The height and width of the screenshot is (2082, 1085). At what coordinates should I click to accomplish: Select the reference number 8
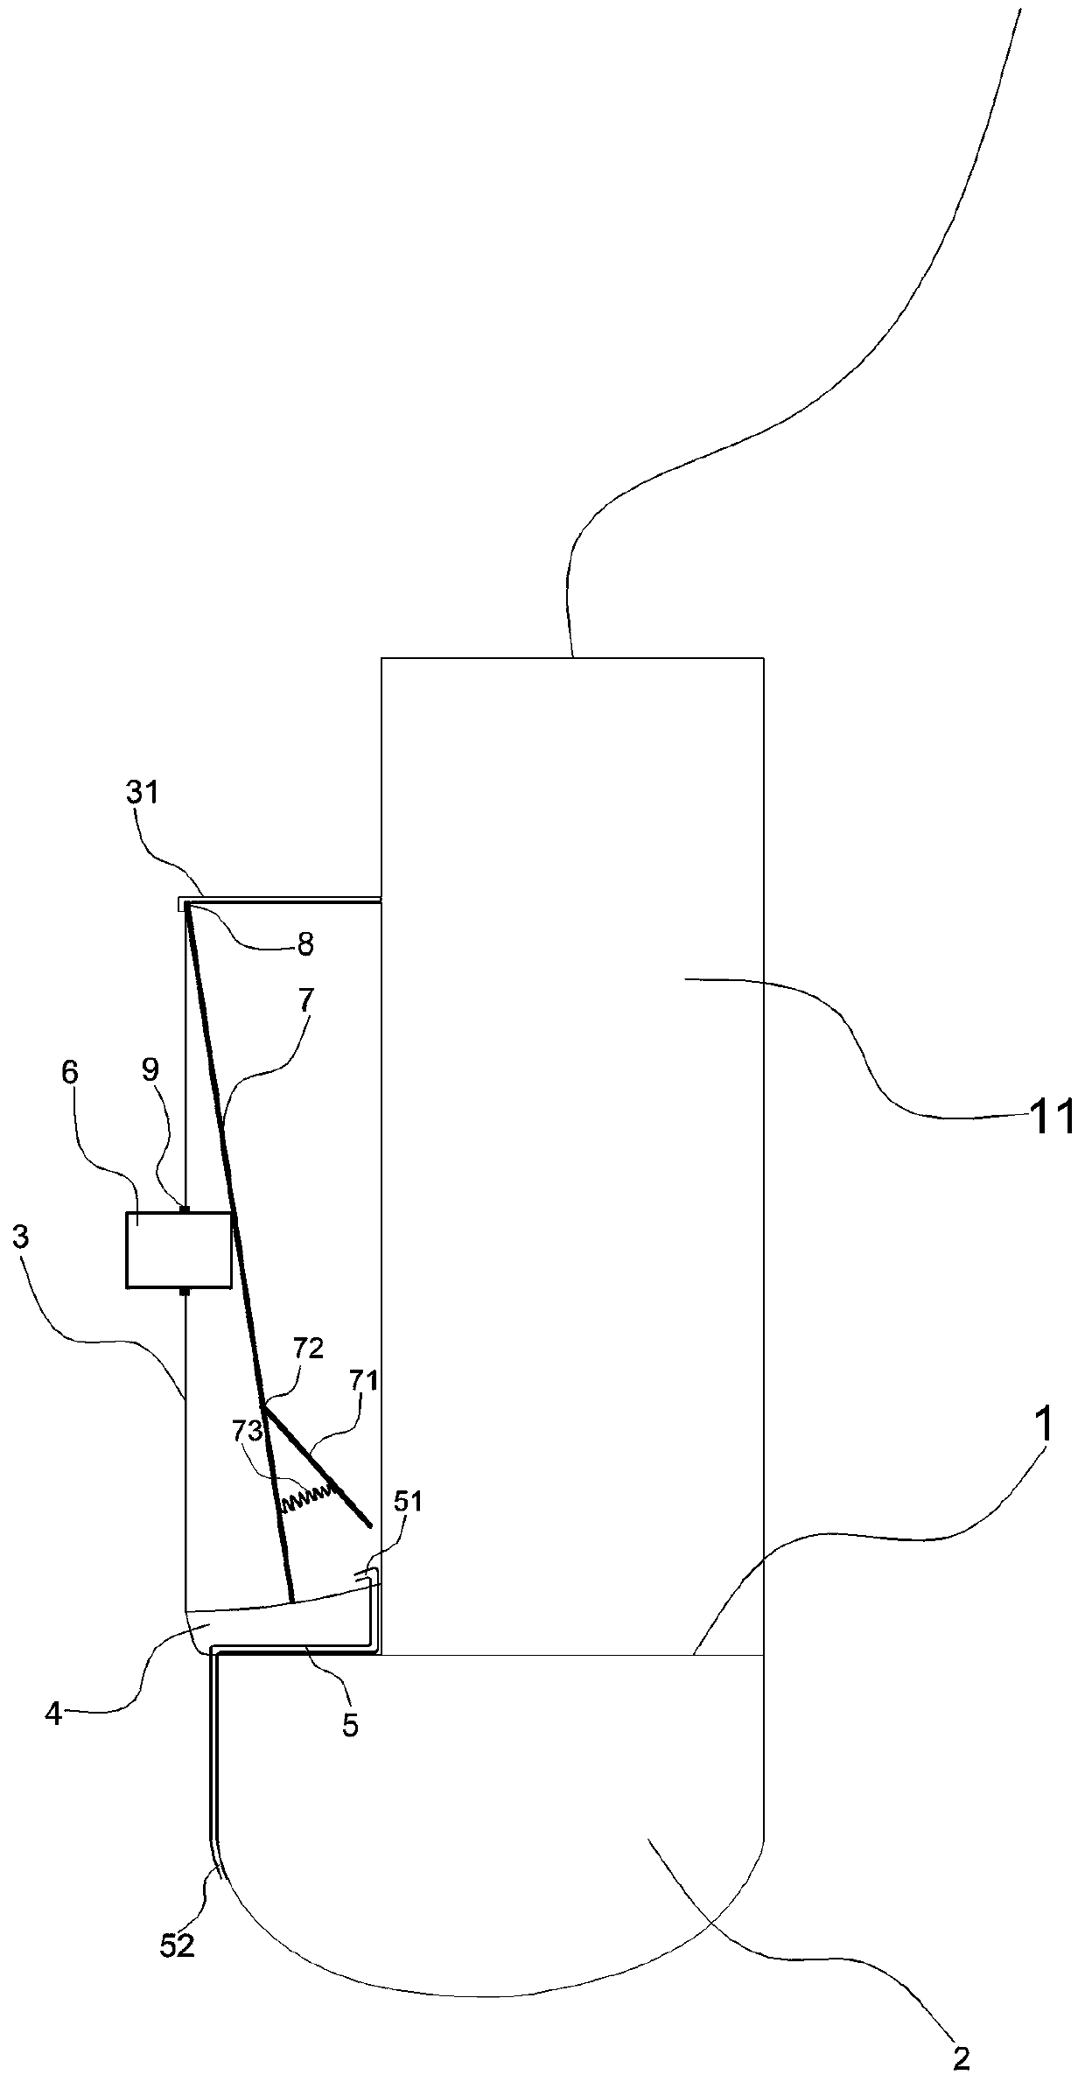[x=305, y=944]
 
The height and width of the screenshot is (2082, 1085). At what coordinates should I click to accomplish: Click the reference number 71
[x=363, y=1381]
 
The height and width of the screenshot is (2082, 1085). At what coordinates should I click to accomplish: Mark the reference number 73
[x=248, y=1432]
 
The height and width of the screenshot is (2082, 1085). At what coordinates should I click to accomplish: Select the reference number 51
[x=409, y=1502]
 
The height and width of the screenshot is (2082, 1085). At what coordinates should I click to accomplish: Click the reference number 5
[x=350, y=1700]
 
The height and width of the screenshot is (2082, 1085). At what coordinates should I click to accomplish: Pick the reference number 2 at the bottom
[x=961, y=2059]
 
